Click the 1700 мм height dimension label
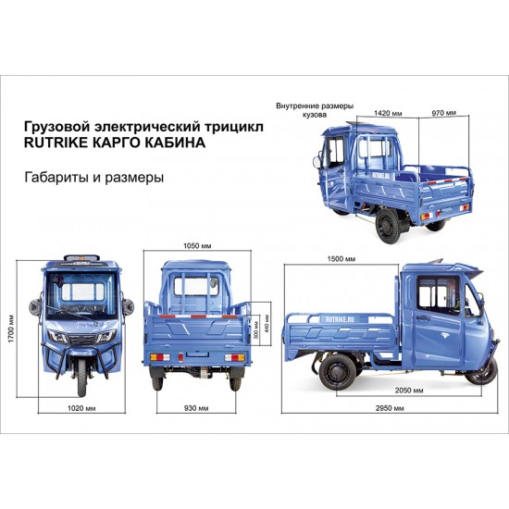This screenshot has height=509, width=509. click(x=11, y=329)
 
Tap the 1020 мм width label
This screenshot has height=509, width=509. click(x=81, y=408)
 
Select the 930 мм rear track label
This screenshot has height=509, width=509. click(x=196, y=408)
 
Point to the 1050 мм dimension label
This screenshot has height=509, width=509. click(x=197, y=246)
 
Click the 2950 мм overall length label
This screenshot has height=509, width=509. click(x=390, y=408)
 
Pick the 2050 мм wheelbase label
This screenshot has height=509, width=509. click(x=409, y=391)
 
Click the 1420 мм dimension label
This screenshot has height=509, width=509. click(x=388, y=113)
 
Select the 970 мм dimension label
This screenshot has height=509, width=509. click(x=443, y=113)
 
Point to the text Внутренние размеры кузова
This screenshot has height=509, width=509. click(x=315, y=110)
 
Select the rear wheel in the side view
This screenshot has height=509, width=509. click(x=338, y=373)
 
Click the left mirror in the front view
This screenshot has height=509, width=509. click(x=34, y=306)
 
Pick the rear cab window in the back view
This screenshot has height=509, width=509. click(x=196, y=286)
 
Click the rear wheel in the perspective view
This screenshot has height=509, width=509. click(x=389, y=226)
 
